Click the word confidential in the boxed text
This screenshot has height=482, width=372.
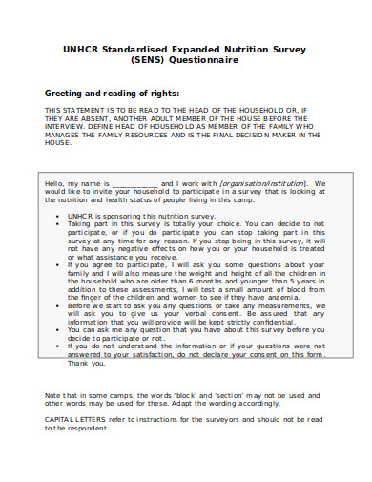[273, 326]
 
